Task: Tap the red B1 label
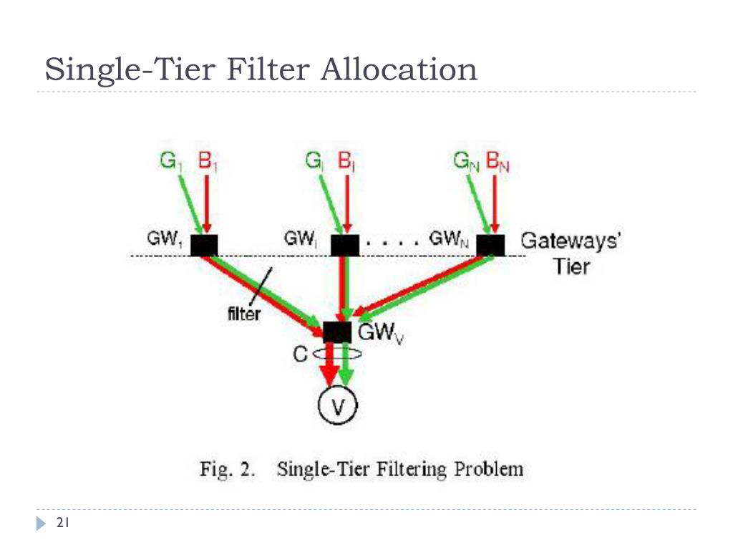[208, 161]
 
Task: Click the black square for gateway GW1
[204, 245]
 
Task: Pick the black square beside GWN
[490, 245]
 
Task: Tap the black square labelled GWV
[337, 332]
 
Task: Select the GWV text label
[380, 334]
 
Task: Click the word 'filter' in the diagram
[243, 313]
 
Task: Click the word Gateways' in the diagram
[571, 240]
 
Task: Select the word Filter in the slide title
[269, 70]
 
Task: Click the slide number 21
[62, 524]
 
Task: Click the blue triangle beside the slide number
[41, 524]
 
